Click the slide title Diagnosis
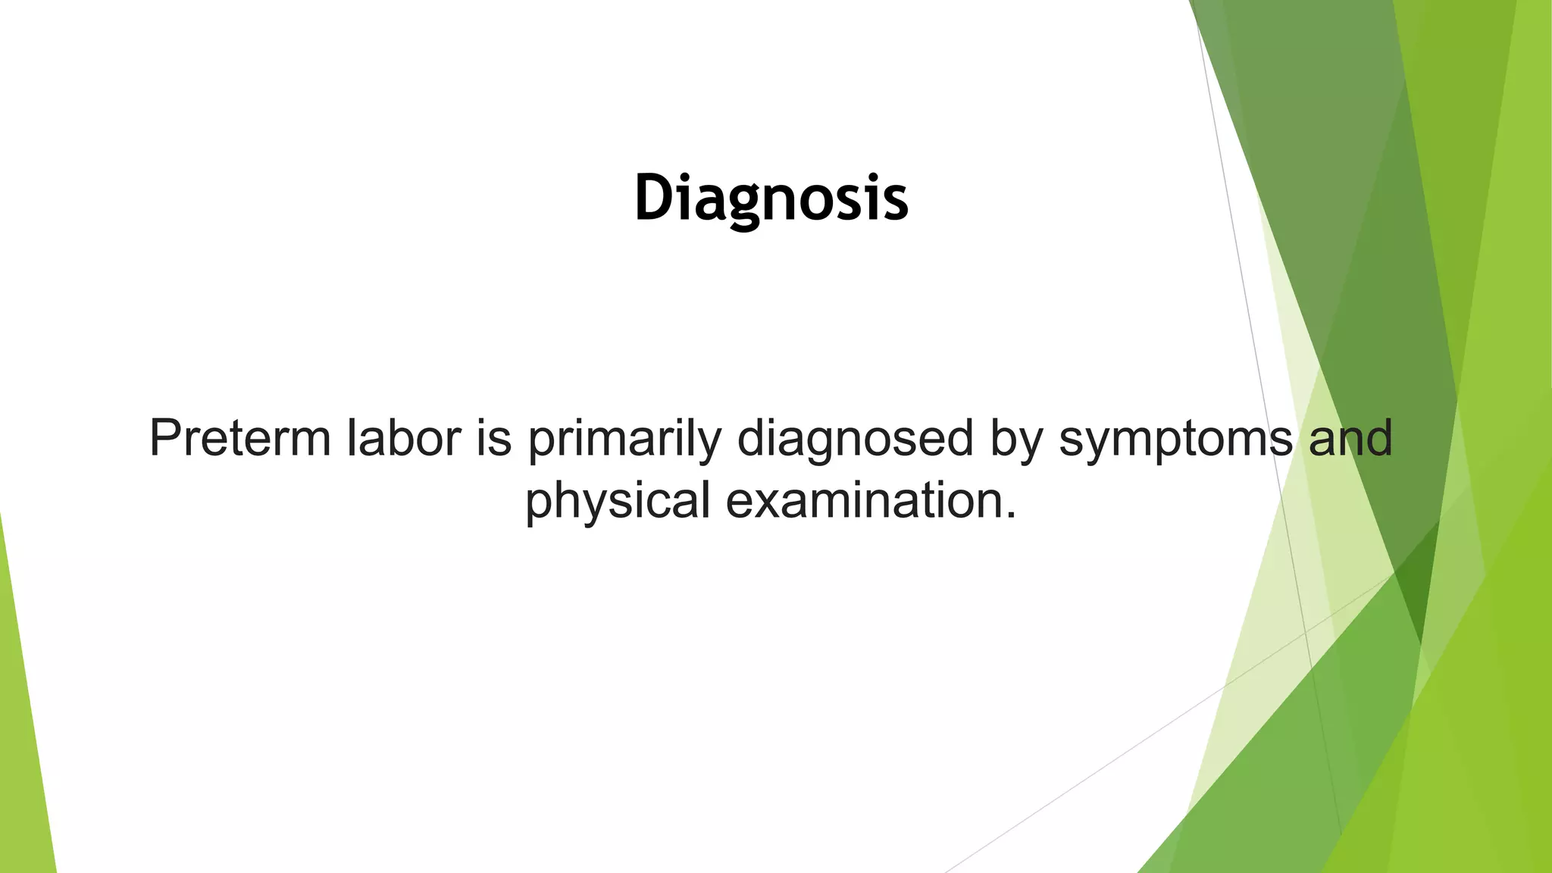coord(771,199)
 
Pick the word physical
coord(617,502)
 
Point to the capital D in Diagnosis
coord(656,199)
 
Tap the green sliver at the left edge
coord(23,720)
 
